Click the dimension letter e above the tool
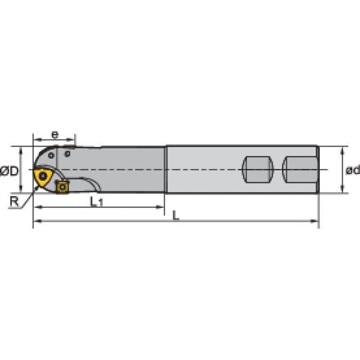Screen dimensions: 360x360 [55, 135]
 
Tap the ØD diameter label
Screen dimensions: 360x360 [9, 171]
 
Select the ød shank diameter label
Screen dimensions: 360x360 [352, 170]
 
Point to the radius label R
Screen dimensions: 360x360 [14, 201]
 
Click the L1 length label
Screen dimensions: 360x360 [96, 202]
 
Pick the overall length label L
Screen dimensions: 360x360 [176, 216]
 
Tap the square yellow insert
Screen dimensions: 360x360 [62, 187]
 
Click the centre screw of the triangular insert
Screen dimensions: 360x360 [43, 176]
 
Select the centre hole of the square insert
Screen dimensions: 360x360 [62, 187]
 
